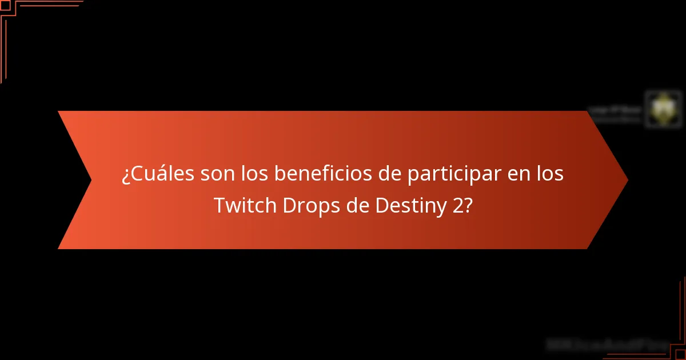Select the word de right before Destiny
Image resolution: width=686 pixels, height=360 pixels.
pos(357,206)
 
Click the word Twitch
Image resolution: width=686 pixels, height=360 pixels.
pos(245,206)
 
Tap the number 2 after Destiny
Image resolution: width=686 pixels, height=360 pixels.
pos(457,206)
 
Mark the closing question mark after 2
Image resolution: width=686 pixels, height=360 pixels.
pos(468,206)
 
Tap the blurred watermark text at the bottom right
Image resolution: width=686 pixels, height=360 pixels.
pos(607,345)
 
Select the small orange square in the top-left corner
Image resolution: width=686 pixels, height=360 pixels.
pos(5,5)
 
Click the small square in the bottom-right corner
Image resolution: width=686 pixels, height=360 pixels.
pos(681,355)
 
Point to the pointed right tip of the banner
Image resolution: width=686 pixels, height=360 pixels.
pos(627,180)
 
